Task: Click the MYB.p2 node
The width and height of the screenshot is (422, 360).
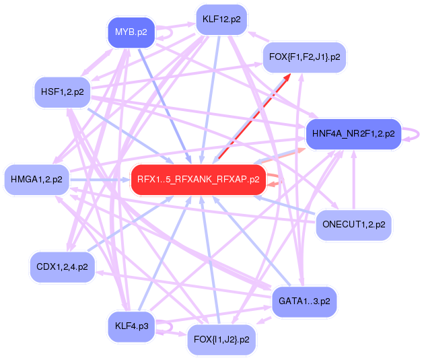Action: (x=131, y=32)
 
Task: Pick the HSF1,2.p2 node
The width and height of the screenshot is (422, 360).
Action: (x=63, y=92)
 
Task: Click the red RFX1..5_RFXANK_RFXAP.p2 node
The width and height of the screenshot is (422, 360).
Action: (x=198, y=179)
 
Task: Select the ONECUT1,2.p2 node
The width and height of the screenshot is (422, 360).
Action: (x=353, y=224)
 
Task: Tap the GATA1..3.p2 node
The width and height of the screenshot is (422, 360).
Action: (x=304, y=301)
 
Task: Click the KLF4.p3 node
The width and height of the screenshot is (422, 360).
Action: (x=131, y=326)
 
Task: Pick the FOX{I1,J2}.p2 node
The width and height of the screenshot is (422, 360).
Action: (x=221, y=338)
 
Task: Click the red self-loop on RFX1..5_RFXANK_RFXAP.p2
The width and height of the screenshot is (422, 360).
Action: (x=275, y=179)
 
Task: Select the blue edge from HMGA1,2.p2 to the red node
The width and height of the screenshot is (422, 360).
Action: (x=101, y=180)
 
